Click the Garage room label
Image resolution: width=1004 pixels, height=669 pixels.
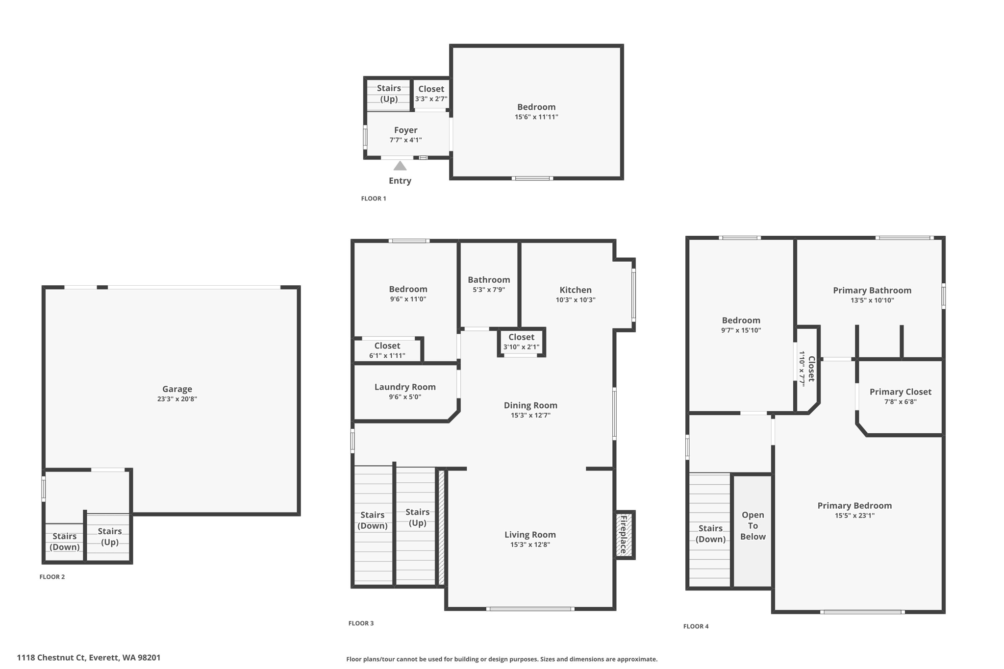pos(177,389)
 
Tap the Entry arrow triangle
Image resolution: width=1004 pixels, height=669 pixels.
pos(400,166)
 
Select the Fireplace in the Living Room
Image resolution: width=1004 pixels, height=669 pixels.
pos(624,534)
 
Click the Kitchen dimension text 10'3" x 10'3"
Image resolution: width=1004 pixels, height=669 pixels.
pos(575,300)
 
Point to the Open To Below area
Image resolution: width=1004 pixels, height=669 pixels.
pos(753,526)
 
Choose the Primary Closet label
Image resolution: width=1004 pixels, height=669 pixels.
pos(900,392)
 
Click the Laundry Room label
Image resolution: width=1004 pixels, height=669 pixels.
pos(405,387)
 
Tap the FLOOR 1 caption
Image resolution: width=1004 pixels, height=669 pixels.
pos(374,198)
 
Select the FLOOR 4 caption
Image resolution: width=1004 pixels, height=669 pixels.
pos(696,626)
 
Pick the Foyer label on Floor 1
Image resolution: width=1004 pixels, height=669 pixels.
pos(405,130)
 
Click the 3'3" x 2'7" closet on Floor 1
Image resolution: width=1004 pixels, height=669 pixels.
pos(431,94)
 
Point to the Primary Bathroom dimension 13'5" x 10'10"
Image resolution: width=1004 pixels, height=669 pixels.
pos(872,300)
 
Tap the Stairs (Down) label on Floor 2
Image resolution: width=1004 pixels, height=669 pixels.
pos(65,542)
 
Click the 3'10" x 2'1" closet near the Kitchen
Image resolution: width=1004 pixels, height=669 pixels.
pos(521,342)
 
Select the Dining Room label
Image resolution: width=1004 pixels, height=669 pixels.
pos(530,405)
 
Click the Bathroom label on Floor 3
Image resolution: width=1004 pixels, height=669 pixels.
pos(489,280)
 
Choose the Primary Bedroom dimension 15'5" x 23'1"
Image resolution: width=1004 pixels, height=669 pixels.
pos(854,516)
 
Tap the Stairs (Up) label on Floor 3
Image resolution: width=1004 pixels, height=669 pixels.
pos(417,517)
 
